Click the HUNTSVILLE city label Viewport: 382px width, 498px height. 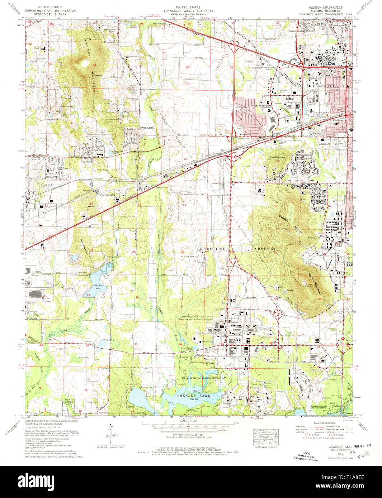[328, 86]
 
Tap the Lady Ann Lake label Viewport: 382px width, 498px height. [98, 287]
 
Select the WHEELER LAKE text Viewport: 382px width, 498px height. [193, 396]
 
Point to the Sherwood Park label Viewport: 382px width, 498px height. [263, 106]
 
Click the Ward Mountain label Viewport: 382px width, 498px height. [277, 157]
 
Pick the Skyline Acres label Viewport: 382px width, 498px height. [147, 128]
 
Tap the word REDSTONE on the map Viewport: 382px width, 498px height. [213, 249]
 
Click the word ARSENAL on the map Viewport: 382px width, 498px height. [265, 249]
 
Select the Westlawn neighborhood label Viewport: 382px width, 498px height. [338, 120]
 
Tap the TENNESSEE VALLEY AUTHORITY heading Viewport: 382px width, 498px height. [188, 11]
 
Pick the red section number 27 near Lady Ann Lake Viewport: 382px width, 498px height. [88, 295]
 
